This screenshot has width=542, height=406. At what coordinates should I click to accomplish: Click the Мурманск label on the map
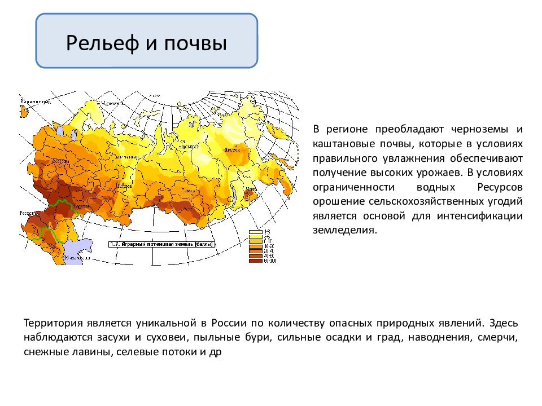tap(111, 103)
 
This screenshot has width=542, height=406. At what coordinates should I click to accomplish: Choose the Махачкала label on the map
tap(77, 258)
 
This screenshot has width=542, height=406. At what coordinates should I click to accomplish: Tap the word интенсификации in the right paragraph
tap(485, 215)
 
